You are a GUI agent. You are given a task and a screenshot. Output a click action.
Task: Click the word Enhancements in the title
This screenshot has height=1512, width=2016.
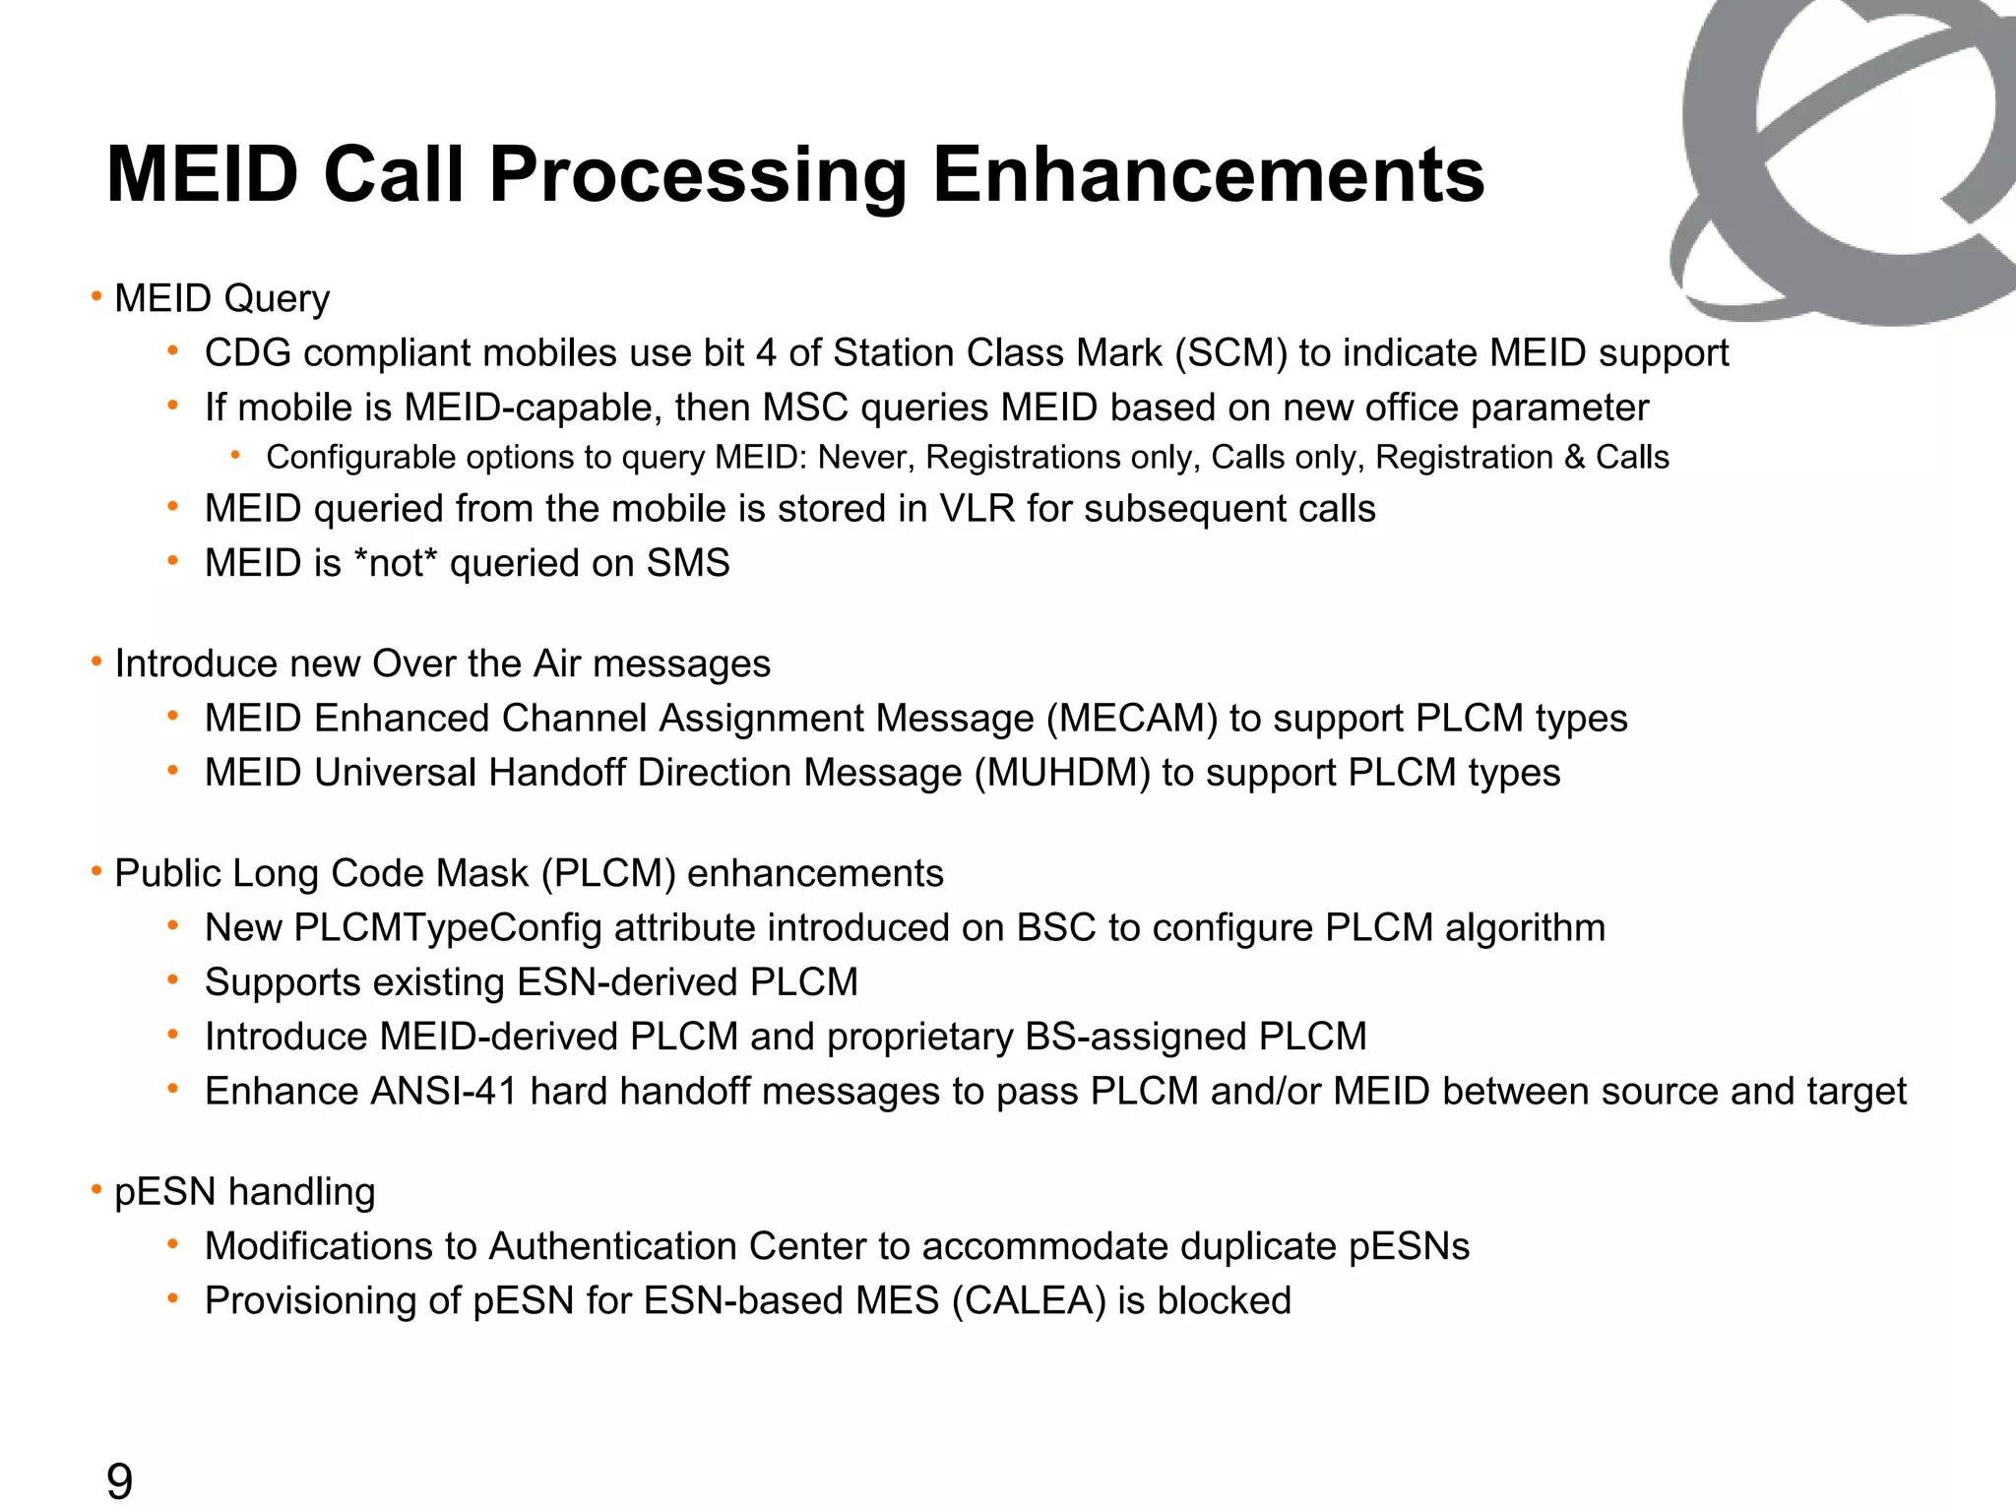[x=1208, y=175]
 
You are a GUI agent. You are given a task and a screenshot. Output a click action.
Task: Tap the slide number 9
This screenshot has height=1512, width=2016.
[x=119, y=1481]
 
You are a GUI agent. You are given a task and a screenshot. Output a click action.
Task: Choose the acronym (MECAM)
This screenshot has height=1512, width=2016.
[x=1132, y=719]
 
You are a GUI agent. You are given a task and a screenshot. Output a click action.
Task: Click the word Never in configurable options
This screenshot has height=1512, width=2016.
[x=864, y=458]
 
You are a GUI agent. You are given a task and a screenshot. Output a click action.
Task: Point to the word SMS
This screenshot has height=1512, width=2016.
[x=687, y=564]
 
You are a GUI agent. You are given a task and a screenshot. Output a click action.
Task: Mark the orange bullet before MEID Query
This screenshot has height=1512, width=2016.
[x=96, y=296]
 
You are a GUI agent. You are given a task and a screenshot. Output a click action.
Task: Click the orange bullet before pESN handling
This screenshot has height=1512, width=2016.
[x=96, y=1190]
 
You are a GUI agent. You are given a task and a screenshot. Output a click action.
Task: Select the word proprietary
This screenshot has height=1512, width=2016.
[x=920, y=1038]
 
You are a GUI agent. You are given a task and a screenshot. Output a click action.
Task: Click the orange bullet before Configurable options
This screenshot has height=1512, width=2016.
[x=235, y=455]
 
